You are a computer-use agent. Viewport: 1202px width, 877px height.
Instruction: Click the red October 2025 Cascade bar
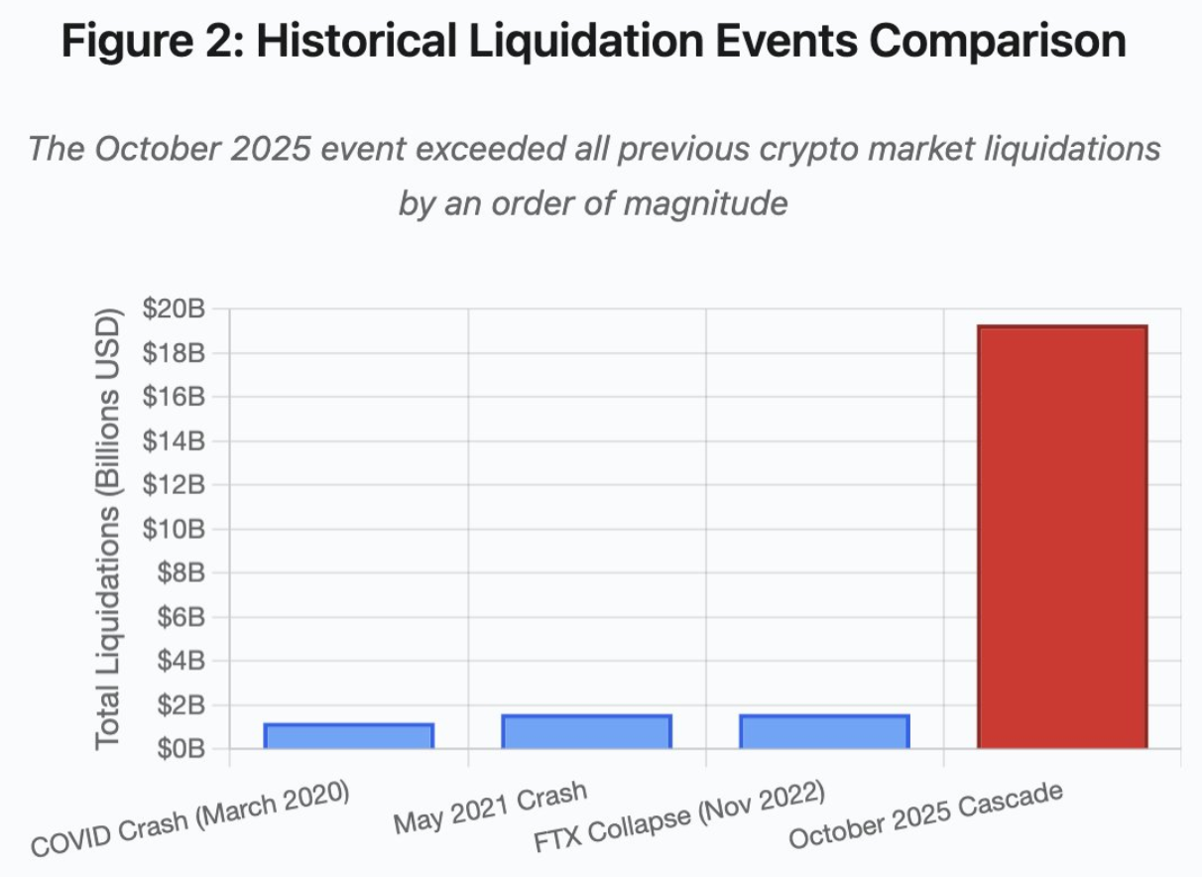click(1061, 536)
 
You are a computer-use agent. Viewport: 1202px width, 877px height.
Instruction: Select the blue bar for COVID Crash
click(348, 736)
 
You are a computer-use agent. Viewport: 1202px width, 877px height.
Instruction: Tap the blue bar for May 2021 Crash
click(586, 731)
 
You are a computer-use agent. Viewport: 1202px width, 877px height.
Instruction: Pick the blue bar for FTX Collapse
click(824, 731)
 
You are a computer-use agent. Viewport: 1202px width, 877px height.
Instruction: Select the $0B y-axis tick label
click(180, 748)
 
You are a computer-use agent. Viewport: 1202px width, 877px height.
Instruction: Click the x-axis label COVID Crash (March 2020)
click(191, 819)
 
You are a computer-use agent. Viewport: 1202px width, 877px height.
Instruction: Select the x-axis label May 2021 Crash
click(490, 809)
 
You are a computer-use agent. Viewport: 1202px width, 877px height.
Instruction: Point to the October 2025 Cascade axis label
click(926, 814)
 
